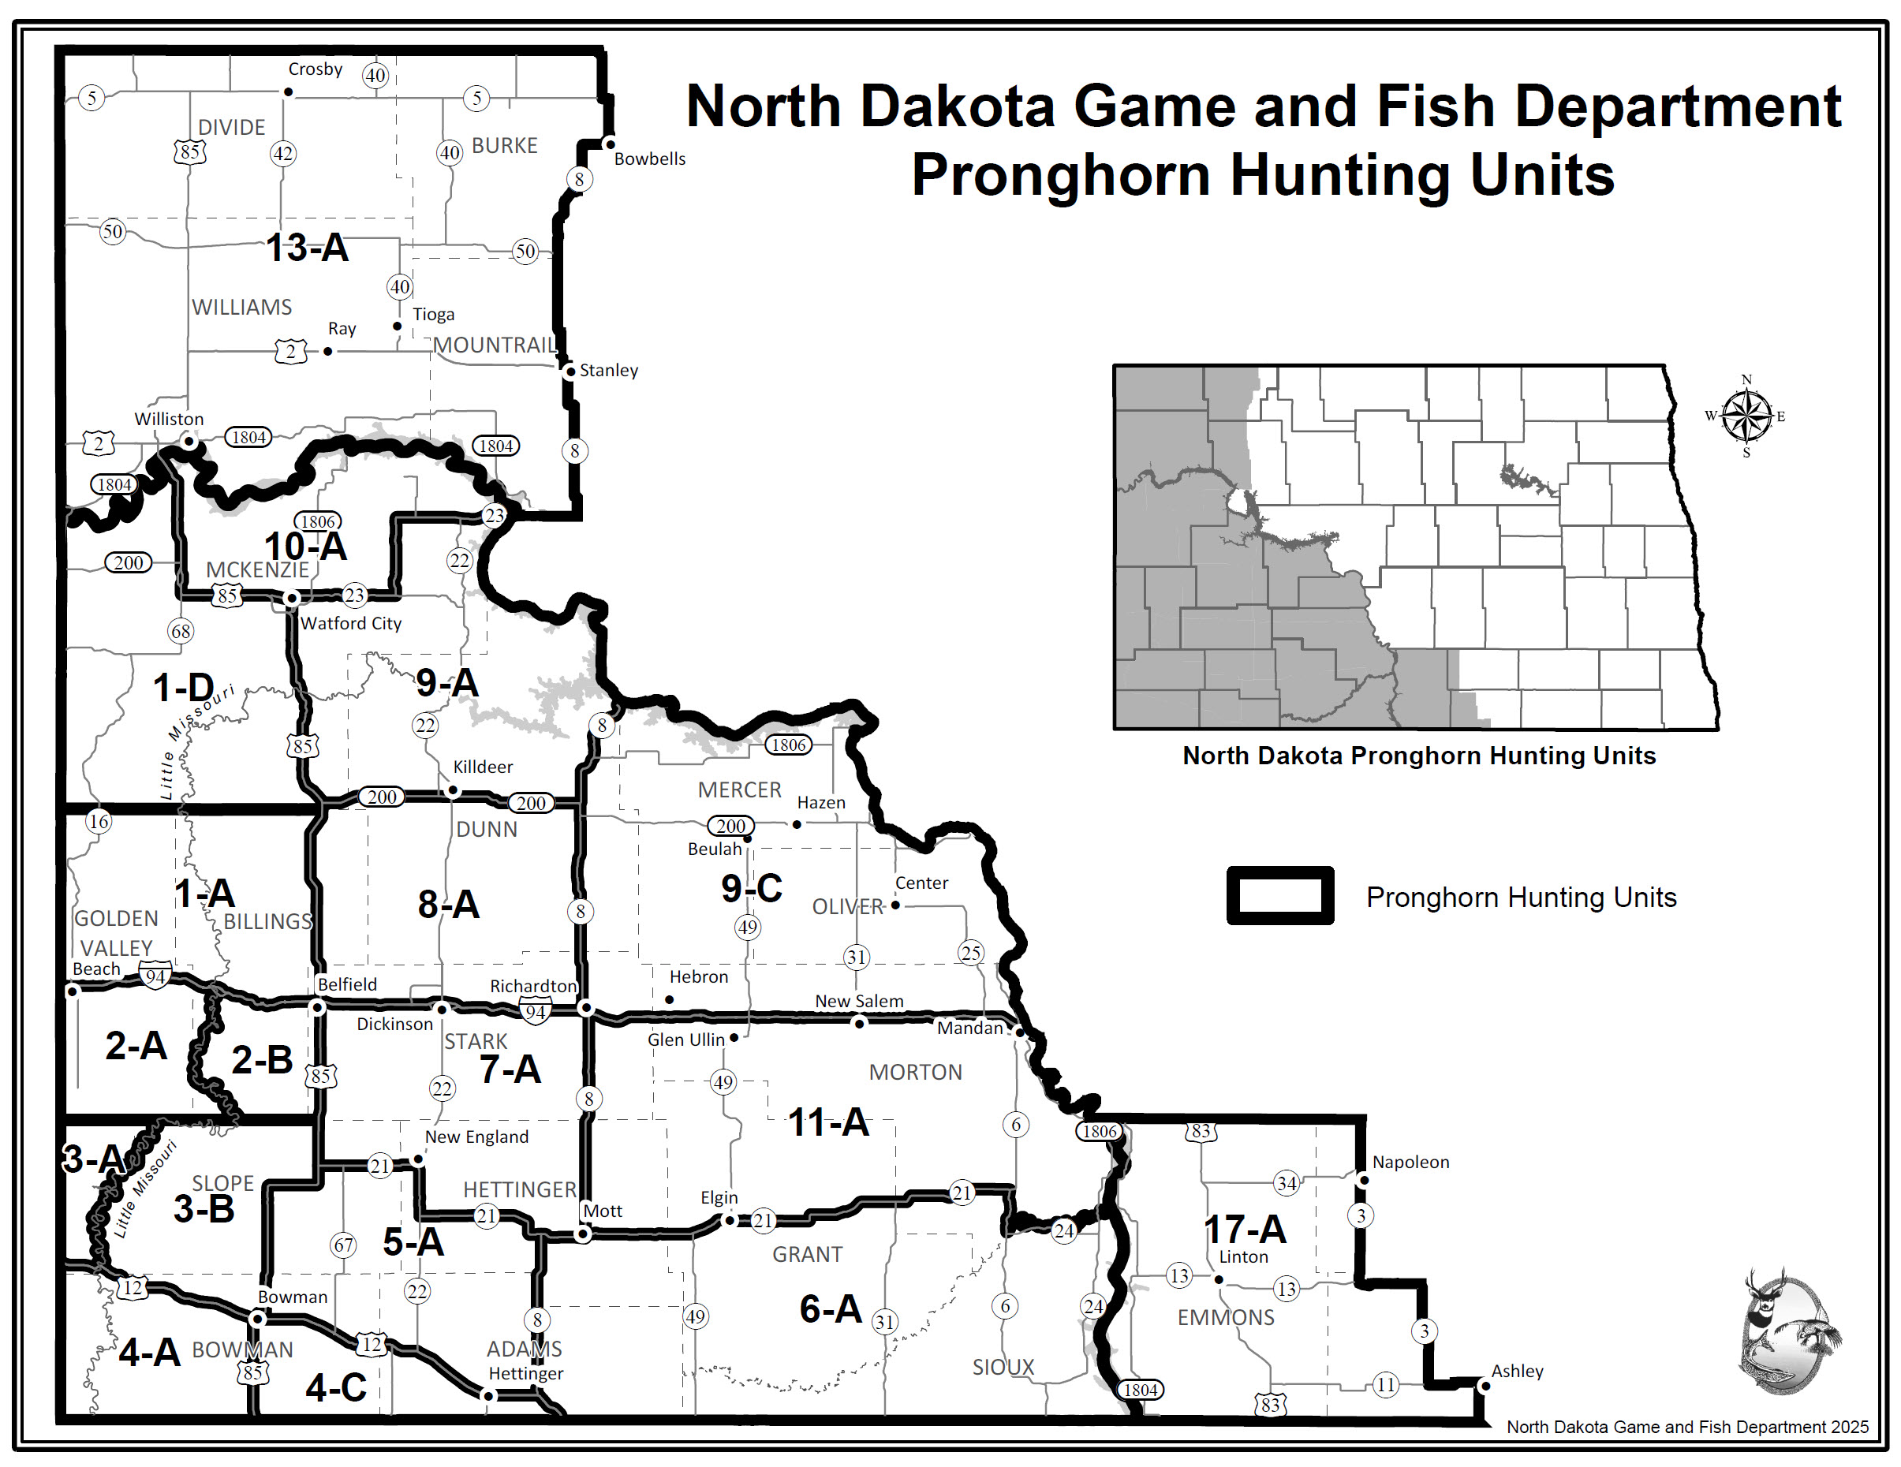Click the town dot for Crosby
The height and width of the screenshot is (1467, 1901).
288,92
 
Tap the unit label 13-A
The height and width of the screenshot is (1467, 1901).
308,248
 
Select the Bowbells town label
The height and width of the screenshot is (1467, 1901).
649,159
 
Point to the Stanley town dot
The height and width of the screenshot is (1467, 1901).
570,371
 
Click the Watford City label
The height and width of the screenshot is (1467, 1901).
351,623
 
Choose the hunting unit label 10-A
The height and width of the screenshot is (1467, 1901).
305,547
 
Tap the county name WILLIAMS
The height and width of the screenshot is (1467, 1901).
242,307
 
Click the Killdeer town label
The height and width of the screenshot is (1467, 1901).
483,767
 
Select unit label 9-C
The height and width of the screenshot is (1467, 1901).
751,888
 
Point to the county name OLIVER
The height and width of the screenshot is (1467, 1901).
848,907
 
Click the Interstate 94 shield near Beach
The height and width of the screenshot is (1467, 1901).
155,976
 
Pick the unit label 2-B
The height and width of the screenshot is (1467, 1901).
261,1060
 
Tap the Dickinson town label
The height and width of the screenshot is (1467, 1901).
394,1024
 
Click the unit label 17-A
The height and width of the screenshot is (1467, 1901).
1245,1230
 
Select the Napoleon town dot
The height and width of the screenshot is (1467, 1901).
1363,1181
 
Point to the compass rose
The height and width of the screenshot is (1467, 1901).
1746,416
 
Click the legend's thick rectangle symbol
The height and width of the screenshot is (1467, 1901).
1279,895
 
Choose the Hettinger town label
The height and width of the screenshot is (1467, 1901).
526,1373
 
